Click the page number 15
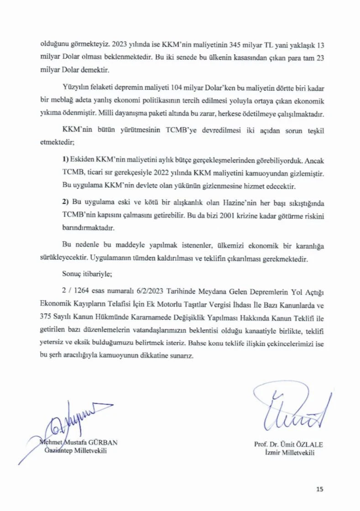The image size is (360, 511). pos(319,489)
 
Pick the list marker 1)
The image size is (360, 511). pos(66,161)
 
